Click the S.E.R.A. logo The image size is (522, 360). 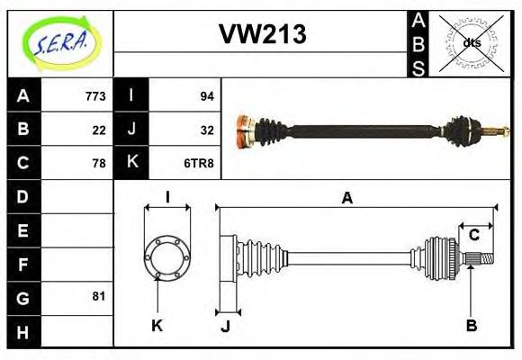[x=60, y=40]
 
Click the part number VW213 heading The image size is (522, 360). [x=263, y=34]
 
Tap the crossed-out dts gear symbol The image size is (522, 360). [x=472, y=42]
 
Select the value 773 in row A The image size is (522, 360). [x=95, y=96]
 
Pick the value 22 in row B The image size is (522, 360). [x=99, y=130]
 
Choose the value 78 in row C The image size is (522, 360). [x=99, y=163]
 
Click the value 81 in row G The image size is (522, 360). [x=99, y=296]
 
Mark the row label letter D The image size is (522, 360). [x=22, y=196]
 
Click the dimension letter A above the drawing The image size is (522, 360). [x=346, y=198]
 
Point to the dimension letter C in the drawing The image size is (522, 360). [x=473, y=235]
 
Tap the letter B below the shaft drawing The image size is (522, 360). [x=471, y=326]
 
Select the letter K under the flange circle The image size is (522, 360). [x=157, y=326]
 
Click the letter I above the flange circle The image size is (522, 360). [x=166, y=197]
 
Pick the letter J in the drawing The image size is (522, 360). [x=225, y=326]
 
